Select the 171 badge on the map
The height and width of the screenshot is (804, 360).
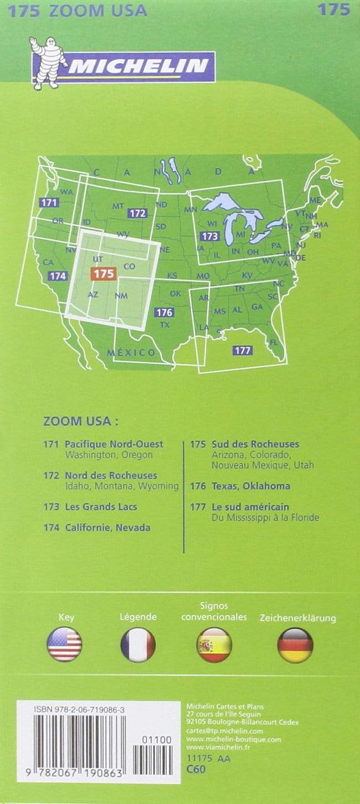(x=49, y=203)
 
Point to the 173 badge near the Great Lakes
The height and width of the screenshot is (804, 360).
(x=210, y=236)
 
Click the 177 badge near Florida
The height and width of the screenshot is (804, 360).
(x=243, y=350)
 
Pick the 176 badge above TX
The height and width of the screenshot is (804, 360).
(x=164, y=312)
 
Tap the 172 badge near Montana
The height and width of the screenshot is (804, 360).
(x=137, y=213)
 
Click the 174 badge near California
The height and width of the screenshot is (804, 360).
(x=58, y=275)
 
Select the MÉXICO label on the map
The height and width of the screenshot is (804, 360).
(x=131, y=353)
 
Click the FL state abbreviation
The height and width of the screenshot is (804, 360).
(x=273, y=342)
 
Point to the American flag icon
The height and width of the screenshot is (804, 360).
(x=65, y=645)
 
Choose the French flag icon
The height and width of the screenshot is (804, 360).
(x=138, y=645)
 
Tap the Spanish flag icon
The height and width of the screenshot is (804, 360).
(x=214, y=645)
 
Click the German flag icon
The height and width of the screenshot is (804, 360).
(x=295, y=645)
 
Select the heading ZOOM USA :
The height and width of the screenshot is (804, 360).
(x=80, y=421)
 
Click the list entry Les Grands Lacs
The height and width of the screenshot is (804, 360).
(x=101, y=507)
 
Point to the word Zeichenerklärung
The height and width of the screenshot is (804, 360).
(x=298, y=618)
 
